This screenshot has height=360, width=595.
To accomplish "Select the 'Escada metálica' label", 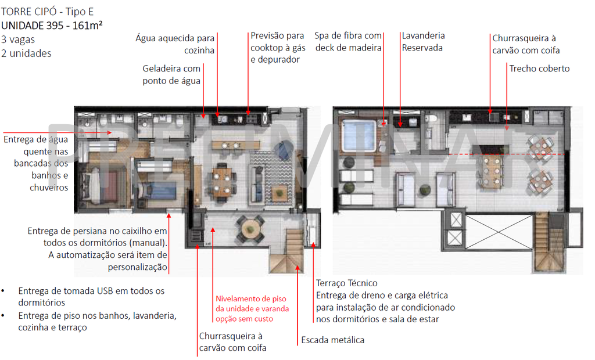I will [x=332, y=340].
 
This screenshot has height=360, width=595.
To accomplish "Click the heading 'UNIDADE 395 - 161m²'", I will [x=52, y=25].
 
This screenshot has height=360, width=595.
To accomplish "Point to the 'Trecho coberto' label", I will [x=539, y=69].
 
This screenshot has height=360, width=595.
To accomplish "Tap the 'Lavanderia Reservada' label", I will [x=423, y=42].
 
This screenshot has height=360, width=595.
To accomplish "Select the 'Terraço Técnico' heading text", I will [x=346, y=283].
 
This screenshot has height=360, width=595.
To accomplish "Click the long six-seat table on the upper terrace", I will [x=492, y=167].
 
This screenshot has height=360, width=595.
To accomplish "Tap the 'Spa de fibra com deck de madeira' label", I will [x=348, y=42].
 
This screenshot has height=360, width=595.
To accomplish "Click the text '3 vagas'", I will [x=17, y=39].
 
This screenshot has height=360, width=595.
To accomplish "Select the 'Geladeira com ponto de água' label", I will [x=171, y=75].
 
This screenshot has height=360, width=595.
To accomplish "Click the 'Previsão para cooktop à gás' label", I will [x=277, y=48].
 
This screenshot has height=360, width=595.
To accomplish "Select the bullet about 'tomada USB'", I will [x=91, y=296].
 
